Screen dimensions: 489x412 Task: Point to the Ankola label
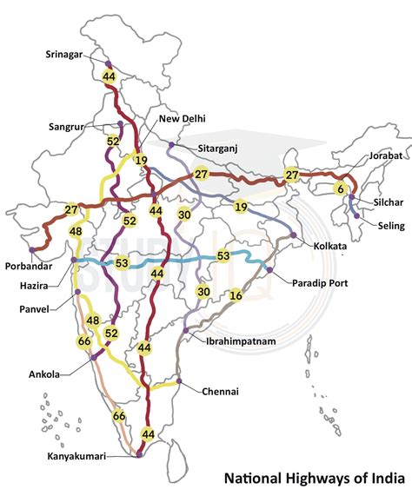pyautogui.click(x=44, y=374)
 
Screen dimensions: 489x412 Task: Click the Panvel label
pyautogui.click(x=40, y=308)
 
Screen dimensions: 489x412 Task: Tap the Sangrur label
pyautogui.click(x=71, y=128)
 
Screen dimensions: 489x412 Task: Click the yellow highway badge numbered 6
pyautogui.click(x=341, y=188)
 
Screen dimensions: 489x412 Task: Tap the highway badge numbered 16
pyautogui.click(x=236, y=295)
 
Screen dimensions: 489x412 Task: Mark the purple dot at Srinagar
pyautogui.click(x=108, y=65)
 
